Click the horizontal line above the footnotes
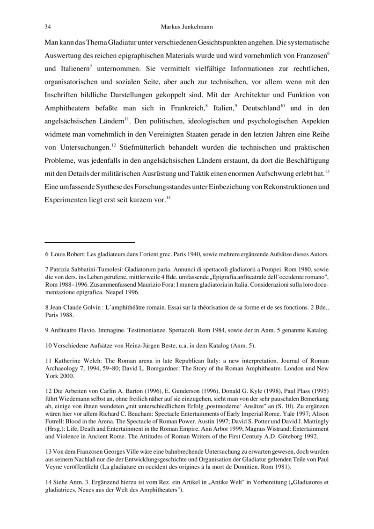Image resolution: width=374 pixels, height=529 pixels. [90, 242]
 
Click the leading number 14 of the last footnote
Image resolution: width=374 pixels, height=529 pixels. [48, 483]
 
